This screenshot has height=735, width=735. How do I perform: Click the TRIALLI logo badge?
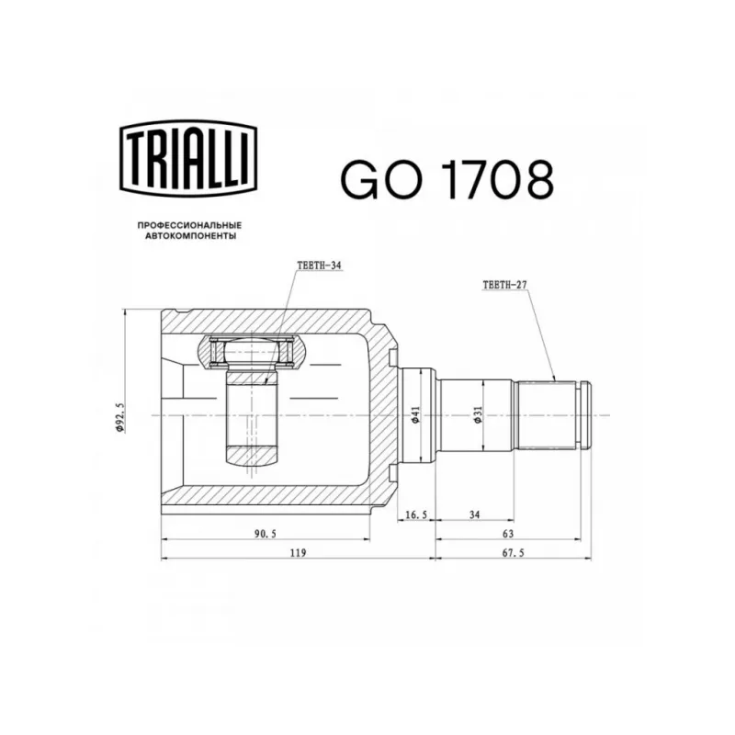tap(188, 158)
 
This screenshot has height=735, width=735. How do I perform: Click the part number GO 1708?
tap(447, 179)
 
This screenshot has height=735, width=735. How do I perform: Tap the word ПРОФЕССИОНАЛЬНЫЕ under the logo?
tap(189, 225)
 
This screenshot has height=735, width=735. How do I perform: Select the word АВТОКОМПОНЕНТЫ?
tap(190, 236)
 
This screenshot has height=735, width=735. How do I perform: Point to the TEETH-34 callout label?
tap(319, 266)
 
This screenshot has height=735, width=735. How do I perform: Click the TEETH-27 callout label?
tap(504, 285)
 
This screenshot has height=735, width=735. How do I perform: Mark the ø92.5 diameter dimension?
tap(120, 417)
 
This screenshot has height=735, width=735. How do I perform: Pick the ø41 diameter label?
tap(415, 415)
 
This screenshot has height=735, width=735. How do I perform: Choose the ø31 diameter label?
tap(477, 415)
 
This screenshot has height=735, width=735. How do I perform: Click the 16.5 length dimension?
tap(416, 514)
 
